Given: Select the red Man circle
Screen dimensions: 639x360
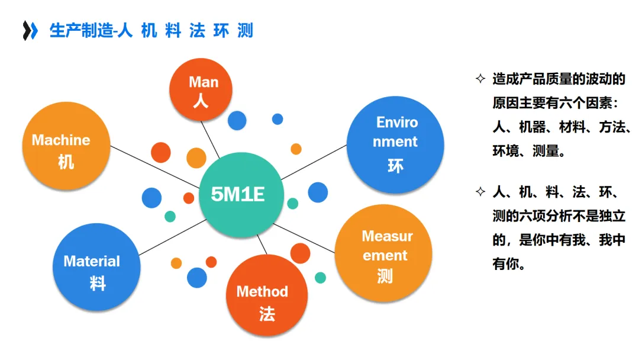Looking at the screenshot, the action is [x=203, y=90].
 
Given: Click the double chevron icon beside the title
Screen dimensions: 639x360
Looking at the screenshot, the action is [x=30, y=30].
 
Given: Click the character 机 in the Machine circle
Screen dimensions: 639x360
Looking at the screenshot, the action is [x=66, y=160].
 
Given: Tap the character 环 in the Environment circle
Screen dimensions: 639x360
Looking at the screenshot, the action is [x=395, y=165].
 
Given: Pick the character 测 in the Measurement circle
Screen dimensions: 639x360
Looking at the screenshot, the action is [x=385, y=275].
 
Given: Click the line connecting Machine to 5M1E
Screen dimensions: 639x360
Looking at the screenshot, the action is [x=155, y=167].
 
